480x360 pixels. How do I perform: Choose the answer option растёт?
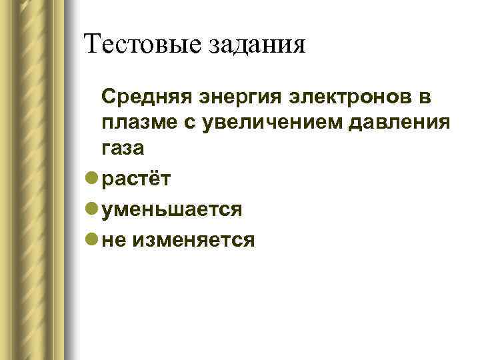coord(137,179)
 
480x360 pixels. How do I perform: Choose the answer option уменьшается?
coord(172,210)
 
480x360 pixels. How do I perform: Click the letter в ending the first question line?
coord(425,99)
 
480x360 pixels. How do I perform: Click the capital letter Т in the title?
coord(93,44)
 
